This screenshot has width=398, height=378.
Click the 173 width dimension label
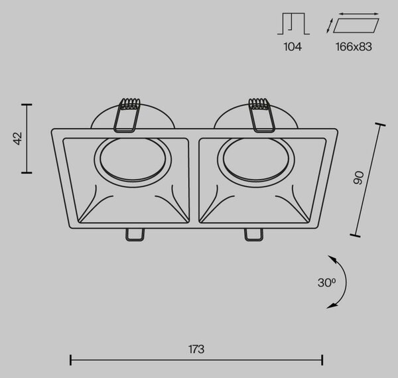pos(196,349)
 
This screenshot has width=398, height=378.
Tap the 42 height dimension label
pos(18,139)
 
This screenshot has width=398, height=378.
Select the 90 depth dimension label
pos(359,178)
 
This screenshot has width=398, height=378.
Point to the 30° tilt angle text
pos(326,283)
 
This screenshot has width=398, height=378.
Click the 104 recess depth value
pos(293,46)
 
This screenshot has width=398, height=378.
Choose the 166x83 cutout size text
pos(354,46)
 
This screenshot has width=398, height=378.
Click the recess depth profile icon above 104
pos(293,23)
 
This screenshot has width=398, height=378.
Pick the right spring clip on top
pos(261,115)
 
